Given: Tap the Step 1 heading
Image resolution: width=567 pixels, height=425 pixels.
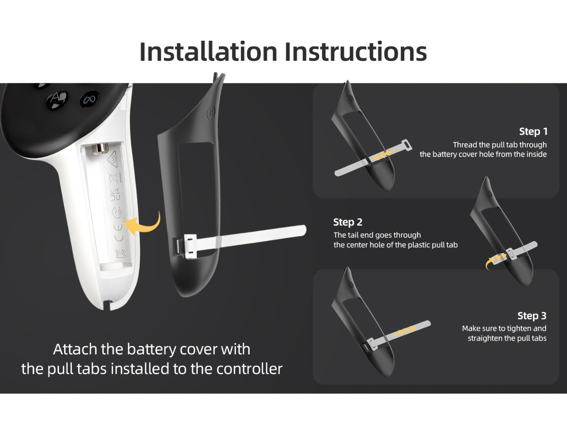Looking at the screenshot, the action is point(533,131).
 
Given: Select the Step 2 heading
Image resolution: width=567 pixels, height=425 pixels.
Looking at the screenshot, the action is point(348,222).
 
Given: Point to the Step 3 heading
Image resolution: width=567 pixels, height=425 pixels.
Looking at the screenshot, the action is point(532,315).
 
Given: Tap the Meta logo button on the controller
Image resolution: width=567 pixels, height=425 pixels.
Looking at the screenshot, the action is point(89,99).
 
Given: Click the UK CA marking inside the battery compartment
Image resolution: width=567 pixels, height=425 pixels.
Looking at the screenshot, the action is point(115,194).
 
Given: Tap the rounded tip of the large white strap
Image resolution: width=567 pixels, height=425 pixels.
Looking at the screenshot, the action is point(303,230).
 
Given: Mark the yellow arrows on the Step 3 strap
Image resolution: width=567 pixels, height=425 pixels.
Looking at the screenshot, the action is point(402,332).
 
